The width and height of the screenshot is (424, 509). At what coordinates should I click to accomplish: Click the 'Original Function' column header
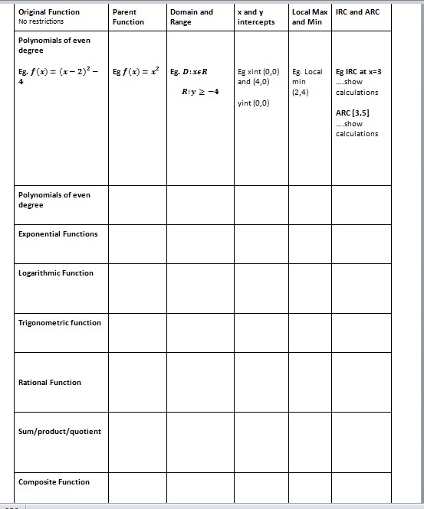pyautogui.click(x=48, y=12)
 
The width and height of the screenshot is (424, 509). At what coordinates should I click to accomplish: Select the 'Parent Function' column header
pyautogui.click(x=127, y=17)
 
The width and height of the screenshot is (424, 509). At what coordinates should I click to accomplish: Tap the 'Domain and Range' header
pyautogui.click(x=192, y=17)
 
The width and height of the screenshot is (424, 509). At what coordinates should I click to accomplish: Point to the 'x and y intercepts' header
pyautogui.click(x=256, y=17)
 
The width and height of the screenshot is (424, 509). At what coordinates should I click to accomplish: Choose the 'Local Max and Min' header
pyautogui.click(x=310, y=17)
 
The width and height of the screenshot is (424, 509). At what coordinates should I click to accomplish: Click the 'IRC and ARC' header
pyautogui.click(x=357, y=12)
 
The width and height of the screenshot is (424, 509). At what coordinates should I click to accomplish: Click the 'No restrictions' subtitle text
pyautogui.click(x=41, y=21)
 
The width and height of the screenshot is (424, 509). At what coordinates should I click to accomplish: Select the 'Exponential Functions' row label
pyautogui.click(x=58, y=234)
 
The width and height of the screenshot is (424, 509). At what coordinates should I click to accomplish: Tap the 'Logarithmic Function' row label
pyautogui.click(x=56, y=273)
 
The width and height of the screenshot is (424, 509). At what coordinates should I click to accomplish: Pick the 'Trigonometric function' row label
pyautogui.click(x=60, y=323)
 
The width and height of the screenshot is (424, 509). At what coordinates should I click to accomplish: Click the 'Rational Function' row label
pyautogui.click(x=50, y=383)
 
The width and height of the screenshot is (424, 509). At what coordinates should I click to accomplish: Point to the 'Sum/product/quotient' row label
pyautogui.click(x=60, y=432)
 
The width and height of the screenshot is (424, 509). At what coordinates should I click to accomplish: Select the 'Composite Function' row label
pyautogui.click(x=54, y=482)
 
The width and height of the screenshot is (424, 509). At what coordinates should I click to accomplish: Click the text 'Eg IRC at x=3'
pyautogui.click(x=358, y=71)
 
